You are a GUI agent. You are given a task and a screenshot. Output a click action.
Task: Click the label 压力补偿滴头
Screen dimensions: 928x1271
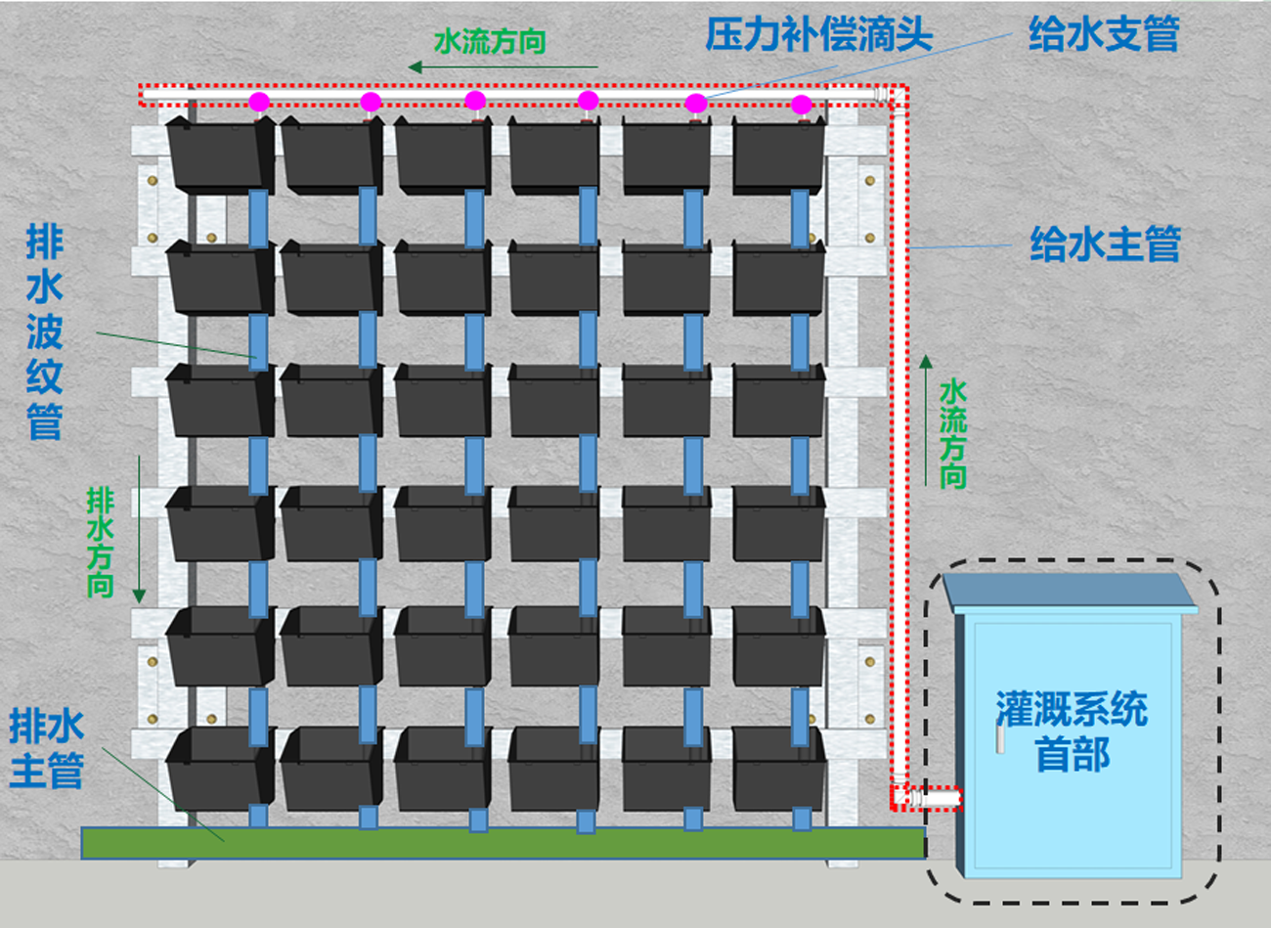[818, 35]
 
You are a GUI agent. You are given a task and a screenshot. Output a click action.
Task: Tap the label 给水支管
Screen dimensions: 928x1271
[1103, 35]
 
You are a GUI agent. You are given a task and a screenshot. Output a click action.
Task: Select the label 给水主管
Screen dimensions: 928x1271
[1105, 243]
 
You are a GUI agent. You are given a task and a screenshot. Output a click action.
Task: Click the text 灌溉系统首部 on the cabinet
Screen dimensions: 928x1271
[1072, 731]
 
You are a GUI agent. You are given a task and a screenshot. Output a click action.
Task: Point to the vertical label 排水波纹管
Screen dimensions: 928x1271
[45, 332]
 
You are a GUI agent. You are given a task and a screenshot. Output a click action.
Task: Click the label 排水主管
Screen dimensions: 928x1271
[46, 748]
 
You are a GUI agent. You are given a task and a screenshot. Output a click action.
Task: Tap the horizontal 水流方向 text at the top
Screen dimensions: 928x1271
[489, 41]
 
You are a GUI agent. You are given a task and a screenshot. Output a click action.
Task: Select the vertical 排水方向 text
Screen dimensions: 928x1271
[100, 543]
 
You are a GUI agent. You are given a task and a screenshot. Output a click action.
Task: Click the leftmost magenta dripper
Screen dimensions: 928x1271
[259, 102]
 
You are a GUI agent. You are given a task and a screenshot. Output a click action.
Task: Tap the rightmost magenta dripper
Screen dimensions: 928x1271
[802, 105]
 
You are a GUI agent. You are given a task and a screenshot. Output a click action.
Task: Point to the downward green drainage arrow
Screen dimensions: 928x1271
[140, 528]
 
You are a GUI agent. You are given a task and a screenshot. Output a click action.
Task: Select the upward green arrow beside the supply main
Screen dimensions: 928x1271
[925, 420]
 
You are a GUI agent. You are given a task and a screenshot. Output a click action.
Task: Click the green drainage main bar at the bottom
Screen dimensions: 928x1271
[503, 843]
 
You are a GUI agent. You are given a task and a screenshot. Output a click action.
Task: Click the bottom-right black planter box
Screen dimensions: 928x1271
[779, 767]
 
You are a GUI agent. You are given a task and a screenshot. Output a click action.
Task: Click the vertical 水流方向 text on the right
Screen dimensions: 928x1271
[952, 434]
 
